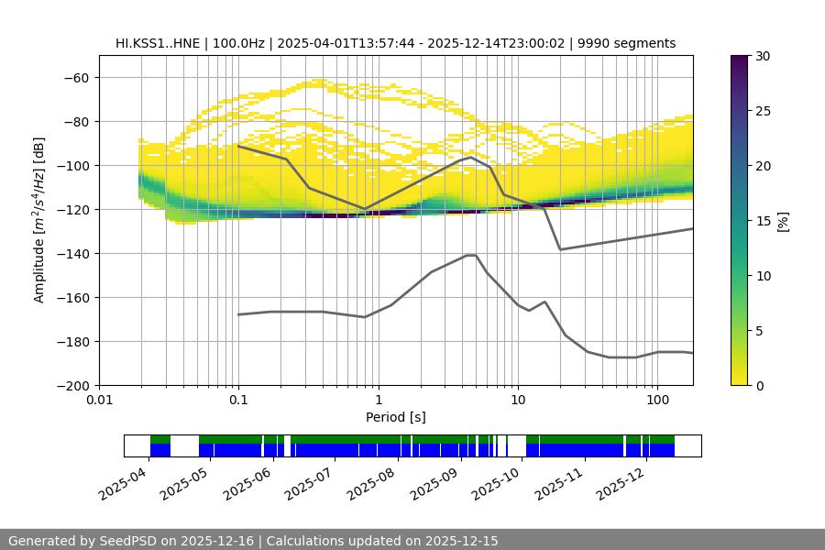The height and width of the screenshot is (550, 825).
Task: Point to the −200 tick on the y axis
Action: pyautogui.click(x=73, y=386)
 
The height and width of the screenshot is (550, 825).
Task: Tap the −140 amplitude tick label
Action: pyautogui.click(x=73, y=254)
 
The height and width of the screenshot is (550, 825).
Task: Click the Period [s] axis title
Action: pyautogui.click(x=395, y=417)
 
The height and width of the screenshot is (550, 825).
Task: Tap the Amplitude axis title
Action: pyautogui.click(x=39, y=220)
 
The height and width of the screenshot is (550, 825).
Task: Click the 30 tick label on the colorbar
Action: pyautogui.click(x=763, y=57)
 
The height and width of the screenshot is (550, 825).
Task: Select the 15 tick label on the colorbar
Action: pyautogui.click(x=763, y=221)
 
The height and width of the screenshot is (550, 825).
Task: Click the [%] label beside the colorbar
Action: pyautogui.click(x=784, y=221)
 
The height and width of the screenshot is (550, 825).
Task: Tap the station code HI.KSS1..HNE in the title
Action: pyautogui.click(x=161, y=43)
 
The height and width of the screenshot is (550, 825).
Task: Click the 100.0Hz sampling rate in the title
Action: pyautogui.click(x=242, y=43)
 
